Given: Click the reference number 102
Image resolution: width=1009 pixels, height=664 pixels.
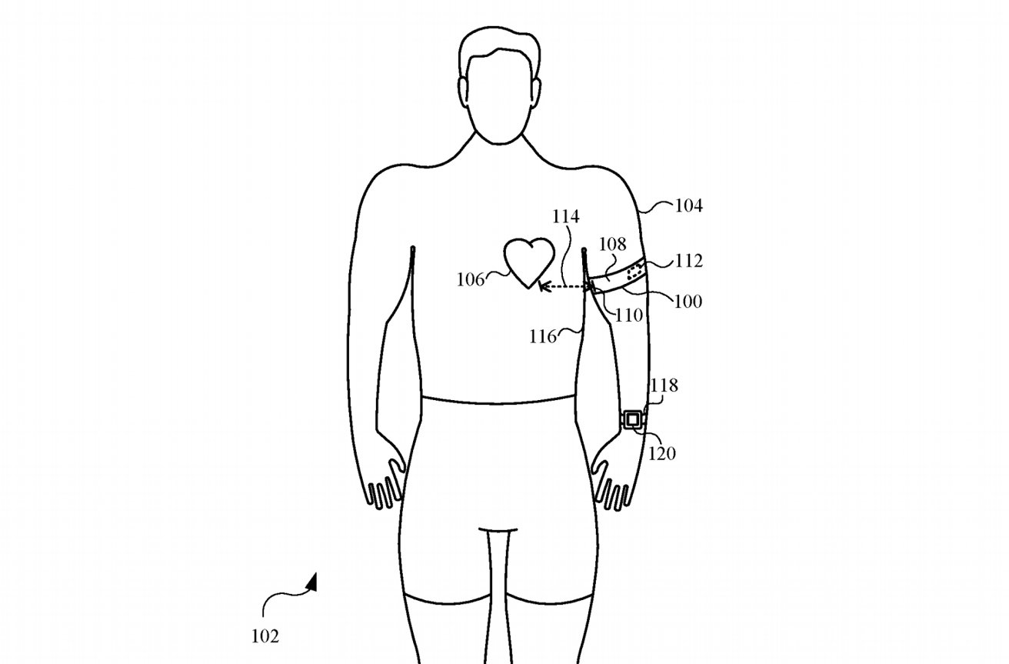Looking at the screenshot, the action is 265,636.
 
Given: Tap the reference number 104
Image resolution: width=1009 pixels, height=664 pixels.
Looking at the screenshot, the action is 689,206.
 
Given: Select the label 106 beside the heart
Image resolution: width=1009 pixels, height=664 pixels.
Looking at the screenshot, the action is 471,280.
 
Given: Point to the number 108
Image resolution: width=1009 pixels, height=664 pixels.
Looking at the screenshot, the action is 613,245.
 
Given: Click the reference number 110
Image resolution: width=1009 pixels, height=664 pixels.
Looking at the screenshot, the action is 629,315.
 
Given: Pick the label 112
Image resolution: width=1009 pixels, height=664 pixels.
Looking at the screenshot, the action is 689,261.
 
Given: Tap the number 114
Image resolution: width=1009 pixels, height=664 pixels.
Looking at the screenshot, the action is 566,217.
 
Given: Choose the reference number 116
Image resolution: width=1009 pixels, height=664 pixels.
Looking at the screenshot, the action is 543,337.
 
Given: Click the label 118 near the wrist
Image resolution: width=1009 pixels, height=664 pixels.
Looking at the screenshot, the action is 664,385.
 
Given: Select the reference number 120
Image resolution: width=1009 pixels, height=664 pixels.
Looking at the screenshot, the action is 662,453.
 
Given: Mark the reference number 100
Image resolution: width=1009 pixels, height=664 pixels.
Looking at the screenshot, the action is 688,302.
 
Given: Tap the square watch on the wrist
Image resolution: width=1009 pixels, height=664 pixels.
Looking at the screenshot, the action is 632,420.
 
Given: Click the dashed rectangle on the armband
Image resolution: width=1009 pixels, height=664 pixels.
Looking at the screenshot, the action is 635,272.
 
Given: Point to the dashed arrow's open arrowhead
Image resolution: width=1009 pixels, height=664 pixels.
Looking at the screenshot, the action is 544,286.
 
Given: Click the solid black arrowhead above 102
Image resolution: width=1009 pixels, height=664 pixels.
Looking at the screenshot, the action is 311,582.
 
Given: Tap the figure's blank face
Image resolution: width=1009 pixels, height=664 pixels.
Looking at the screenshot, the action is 499,97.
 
